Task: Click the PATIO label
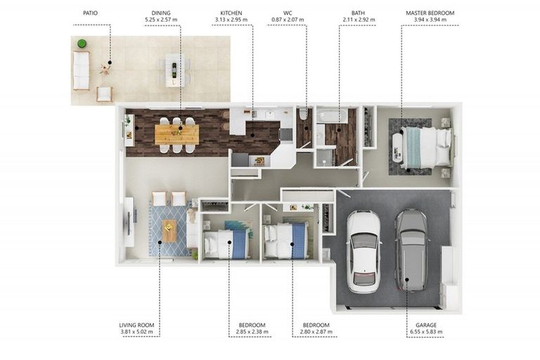click(90, 13)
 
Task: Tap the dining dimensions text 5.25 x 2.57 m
click(161, 20)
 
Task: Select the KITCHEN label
click(231, 13)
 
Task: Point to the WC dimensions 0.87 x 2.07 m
click(288, 20)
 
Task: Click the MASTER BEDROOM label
click(430, 13)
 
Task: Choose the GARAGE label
click(426, 325)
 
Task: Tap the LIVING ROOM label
click(136, 325)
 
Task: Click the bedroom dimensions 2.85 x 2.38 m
click(252, 332)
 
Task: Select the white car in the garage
click(364, 252)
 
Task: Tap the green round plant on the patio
click(82, 44)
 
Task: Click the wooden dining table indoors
click(177, 135)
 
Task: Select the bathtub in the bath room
click(333, 115)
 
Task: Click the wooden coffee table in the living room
click(169, 231)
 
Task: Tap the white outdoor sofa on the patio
click(82, 70)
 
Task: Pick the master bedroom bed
click(427, 146)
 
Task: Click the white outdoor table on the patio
click(175, 70)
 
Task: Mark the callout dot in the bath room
click(339, 130)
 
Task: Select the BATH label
click(358, 13)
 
